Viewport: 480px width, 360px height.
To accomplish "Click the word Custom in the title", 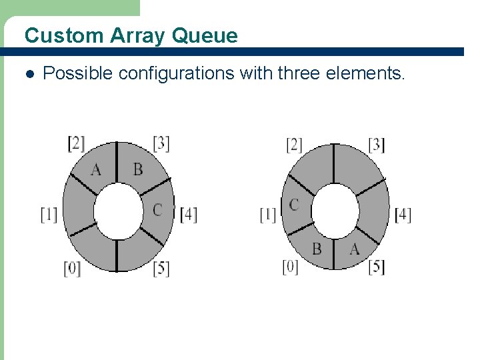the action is (x=54, y=35).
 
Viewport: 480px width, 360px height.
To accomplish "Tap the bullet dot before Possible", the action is (x=27, y=73).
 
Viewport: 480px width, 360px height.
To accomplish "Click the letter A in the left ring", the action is (x=96, y=170).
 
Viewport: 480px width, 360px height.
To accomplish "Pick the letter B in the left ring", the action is (x=137, y=169).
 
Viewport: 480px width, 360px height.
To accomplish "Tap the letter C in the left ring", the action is (x=157, y=210).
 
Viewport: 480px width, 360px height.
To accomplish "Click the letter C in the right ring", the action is (x=294, y=205).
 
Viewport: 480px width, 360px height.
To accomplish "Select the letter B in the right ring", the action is (x=317, y=249).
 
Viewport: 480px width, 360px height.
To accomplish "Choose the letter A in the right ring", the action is (x=355, y=249).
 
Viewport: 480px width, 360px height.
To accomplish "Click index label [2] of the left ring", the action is (x=76, y=143).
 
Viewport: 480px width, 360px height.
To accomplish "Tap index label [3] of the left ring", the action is (x=161, y=143).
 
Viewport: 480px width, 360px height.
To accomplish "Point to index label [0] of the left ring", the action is (x=72, y=269).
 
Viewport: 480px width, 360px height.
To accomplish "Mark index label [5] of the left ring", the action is (x=161, y=269).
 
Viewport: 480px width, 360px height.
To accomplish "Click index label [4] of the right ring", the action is (x=403, y=215).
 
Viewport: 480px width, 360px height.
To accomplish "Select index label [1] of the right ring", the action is (x=267, y=215).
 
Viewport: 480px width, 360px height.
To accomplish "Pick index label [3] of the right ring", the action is (x=377, y=144).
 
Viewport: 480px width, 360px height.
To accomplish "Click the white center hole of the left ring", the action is (x=119, y=211).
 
